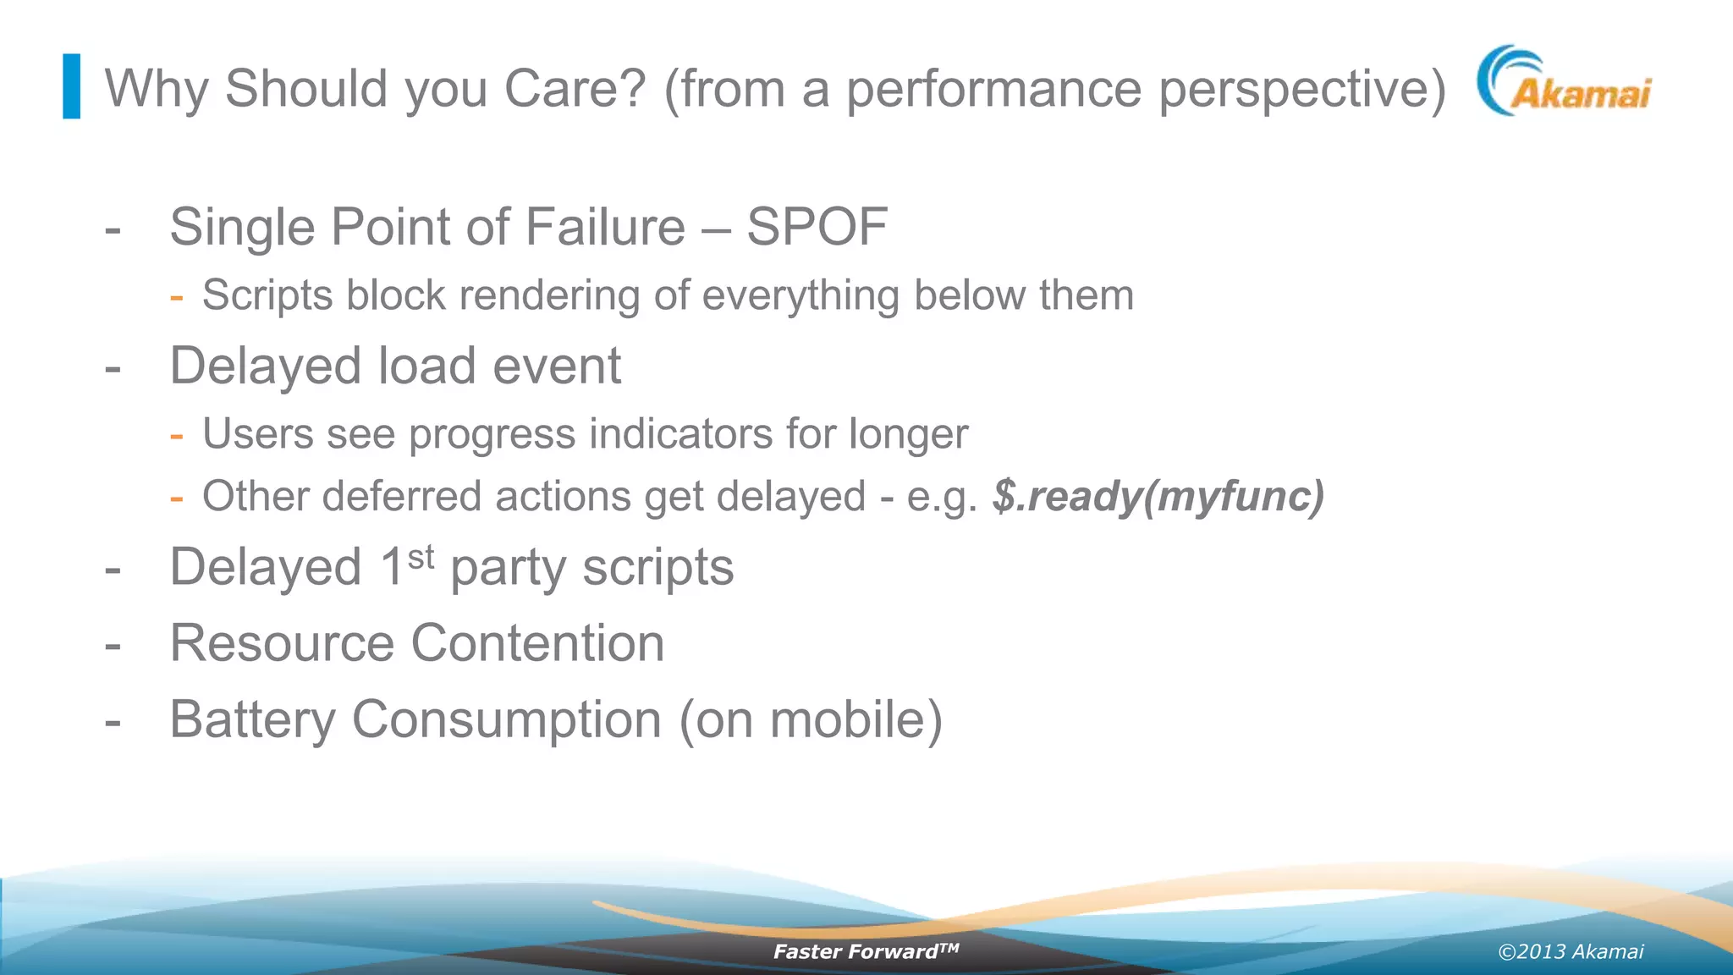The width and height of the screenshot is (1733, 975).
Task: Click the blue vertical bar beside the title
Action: pos(72,86)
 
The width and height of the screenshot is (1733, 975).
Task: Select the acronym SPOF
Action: pos(817,227)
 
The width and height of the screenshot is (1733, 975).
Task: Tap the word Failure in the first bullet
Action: pos(604,227)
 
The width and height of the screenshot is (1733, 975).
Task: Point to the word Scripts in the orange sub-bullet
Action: pos(267,296)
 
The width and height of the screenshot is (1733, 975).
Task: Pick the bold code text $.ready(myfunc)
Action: pos(1158,496)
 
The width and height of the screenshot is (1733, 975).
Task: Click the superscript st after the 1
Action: pos(421,558)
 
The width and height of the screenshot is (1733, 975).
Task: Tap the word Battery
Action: pos(252,719)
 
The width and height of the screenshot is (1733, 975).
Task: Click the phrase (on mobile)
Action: pos(811,719)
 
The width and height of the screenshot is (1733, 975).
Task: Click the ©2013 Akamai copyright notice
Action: pos(1571,951)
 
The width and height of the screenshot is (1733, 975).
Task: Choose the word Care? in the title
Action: pos(575,88)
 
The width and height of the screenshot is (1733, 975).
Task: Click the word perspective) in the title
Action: pos(1302,88)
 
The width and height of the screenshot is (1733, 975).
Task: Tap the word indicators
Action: pos(680,434)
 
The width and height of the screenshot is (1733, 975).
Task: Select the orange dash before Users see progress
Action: pos(176,436)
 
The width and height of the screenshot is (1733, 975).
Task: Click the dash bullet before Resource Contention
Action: pos(113,646)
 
